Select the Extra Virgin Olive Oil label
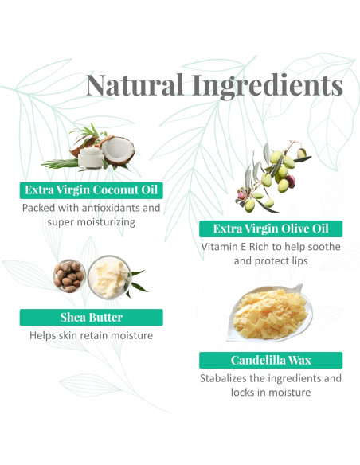[x=271, y=229]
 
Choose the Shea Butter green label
[x=92, y=317]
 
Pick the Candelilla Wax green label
[x=271, y=360]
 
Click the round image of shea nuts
[x=69, y=275]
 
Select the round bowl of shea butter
[x=108, y=275]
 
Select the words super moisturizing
[x=92, y=222]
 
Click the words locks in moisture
[x=271, y=393]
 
